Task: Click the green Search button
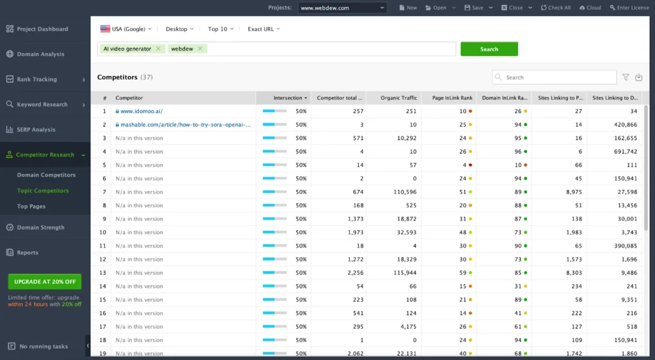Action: coord(489,49)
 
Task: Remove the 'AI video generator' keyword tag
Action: coord(158,49)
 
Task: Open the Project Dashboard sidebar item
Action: coord(42,29)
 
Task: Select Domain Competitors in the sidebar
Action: coord(46,175)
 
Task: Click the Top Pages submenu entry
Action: coord(31,207)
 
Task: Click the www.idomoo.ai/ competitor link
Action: coord(141,111)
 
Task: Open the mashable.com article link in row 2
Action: coord(185,125)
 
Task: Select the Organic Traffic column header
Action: coord(399,98)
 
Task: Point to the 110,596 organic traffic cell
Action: coord(402,192)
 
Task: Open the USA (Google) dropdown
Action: coord(127,29)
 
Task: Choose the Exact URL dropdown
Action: coord(264,29)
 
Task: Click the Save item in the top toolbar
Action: coord(473,8)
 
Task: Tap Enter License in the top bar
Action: coord(629,8)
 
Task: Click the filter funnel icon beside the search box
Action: coord(626,77)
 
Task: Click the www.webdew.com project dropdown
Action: coord(342,8)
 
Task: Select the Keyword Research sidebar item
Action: coord(42,104)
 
